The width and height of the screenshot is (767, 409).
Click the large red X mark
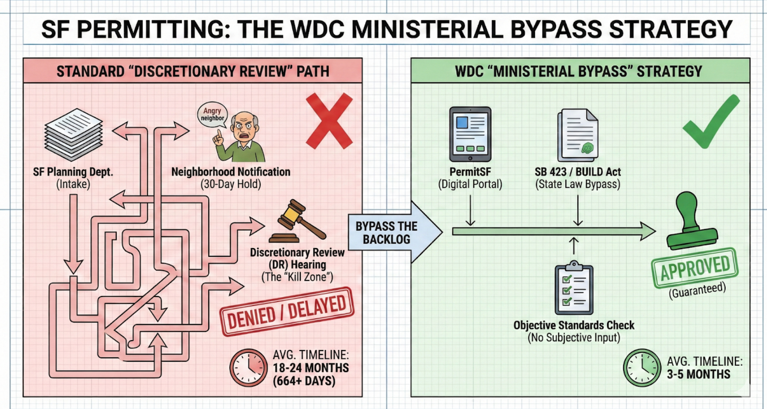tap(329, 120)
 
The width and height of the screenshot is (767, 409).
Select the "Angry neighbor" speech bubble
tap(212, 115)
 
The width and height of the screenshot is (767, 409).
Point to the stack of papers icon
tap(74, 134)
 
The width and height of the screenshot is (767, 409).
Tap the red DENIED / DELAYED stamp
tap(287, 311)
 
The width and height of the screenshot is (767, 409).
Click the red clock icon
tap(248, 368)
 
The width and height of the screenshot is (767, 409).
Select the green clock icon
tap(642, 368)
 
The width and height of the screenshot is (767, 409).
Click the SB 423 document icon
tap(577, 135)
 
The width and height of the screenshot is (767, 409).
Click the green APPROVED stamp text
tap(695, 268)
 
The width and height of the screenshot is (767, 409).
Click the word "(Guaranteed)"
tap(697, 290)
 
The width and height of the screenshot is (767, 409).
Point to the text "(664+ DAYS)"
tap(304, 381)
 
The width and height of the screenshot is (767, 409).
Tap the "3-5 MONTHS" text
tap(698, 374)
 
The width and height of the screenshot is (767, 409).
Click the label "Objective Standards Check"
tap(574, 325)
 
